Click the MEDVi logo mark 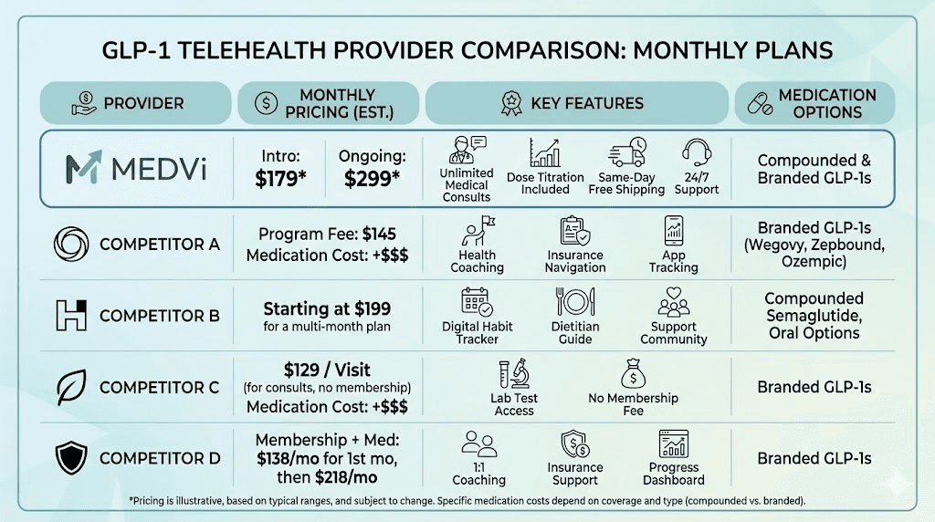(84, 169)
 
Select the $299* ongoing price (372, 179)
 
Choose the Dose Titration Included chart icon (545, 152)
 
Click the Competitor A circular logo (71, 244)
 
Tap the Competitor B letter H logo (71, 315)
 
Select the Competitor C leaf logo (71, 387)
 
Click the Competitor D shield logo (71, 458)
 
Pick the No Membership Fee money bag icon (634, 373)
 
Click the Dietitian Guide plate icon (575, 302)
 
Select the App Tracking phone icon (674, 231)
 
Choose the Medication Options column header (814, 103)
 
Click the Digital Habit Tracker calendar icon (477, 302)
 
